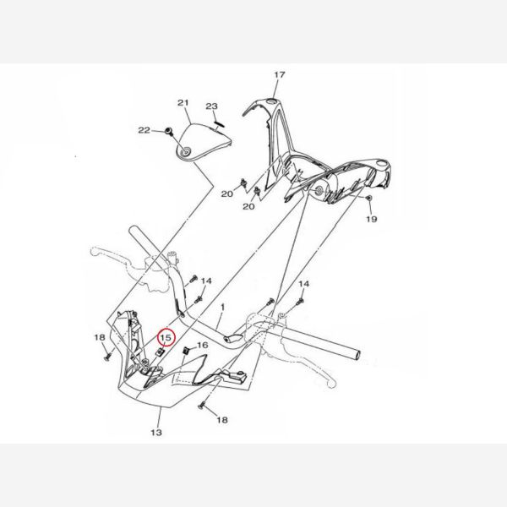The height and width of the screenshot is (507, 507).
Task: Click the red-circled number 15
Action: point(166,338)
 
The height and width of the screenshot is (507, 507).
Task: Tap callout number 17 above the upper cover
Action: point(280,74)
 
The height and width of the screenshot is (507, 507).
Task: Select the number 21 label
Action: point(183,103)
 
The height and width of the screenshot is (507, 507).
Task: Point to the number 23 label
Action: point(212,106)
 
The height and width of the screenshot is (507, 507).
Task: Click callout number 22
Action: point(144,130)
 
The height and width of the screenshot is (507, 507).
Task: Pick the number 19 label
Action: point(372,219)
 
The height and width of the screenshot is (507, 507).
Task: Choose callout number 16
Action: point(203,346)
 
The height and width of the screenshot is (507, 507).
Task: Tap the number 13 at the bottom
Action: point(156,433)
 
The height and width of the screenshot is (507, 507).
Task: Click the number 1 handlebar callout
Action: point(222,307)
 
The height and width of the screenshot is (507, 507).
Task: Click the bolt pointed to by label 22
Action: point(168,131)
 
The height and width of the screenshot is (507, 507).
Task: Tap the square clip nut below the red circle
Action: point(160,352)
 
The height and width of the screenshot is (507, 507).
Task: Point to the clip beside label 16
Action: point(186,350)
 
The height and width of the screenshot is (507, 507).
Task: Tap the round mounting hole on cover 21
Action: point(187,152)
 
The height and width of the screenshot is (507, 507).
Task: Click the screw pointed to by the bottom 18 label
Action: point(202,404)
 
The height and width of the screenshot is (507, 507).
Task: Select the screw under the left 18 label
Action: point(107,357)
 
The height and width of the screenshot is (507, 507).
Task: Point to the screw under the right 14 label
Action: point(300,302)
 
